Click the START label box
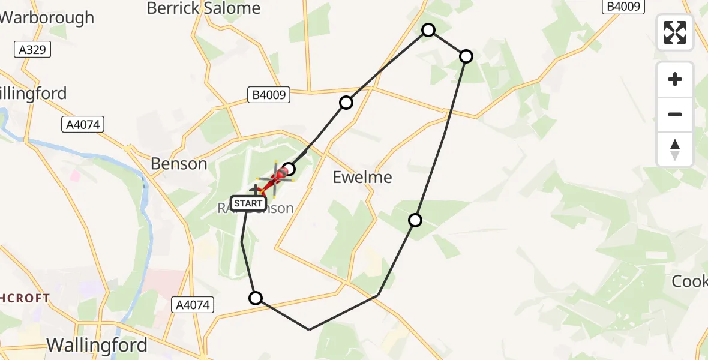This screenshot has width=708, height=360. pyautogui.click(x=248, y=203)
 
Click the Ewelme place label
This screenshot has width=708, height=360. pyautogui.click(x=362, y=177)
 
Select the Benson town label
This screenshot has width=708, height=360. pyautogui.click(x=179, y=164)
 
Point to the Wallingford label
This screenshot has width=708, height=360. pyautogui.click(x=97, y=345)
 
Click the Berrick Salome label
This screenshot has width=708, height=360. pyautogui.click(x=203, y=8)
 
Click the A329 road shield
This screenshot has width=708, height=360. pyautogui.click(x=32, y=49)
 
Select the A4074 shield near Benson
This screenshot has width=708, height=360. pyautogui.click(x=83, y=124)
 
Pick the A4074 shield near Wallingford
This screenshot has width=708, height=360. pyautogui.click(x=193, y=305)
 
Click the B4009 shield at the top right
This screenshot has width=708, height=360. pyautogui.click(x=624, y=6)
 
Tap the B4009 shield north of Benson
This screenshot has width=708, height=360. pyautogui.click(x=269, y=94)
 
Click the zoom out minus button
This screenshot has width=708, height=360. pyautogui.click(x=675, y=114)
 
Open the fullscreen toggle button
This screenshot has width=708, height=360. pyautogui.click(x=675, y=32)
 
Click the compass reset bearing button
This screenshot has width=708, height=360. pyautogui.click(x=675, y=149)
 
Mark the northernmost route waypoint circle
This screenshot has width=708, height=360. pyautogui.click(x=428, y=29)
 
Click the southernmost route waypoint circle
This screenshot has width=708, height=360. pyautogui.click(x=256, y=298)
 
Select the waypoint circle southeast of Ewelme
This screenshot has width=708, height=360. pyautogui.click(x=415, y=220)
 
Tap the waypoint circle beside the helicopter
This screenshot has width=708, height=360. pyautogui.click(x=289, y=169)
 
